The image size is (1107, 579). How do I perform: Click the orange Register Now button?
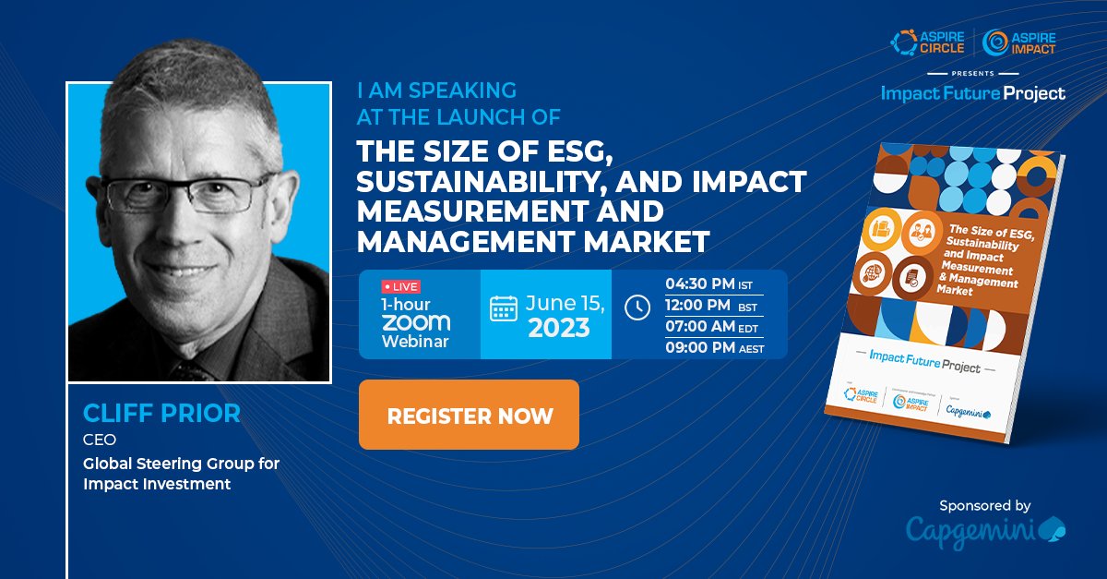click(469, 415)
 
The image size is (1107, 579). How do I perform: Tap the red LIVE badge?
click(400, 287)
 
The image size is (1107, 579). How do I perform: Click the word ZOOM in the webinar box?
click(416, 322)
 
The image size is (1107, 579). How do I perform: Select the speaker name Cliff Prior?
click(161, 413)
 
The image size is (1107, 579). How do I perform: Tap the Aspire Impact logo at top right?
click(1019, 42)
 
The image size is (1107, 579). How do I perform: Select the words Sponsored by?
click(984, 505)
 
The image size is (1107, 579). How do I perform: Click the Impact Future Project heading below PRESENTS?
click(972, 93)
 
